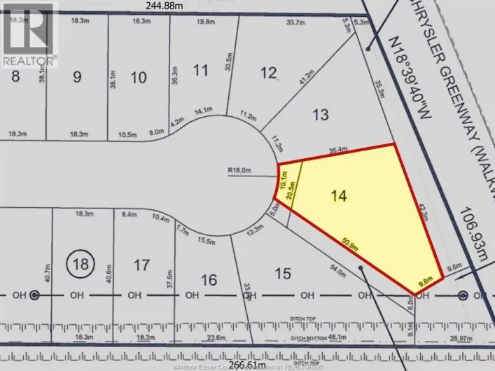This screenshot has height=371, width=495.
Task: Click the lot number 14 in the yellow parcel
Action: (x=339, y=196)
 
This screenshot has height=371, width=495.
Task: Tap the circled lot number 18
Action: (x=81, y=264)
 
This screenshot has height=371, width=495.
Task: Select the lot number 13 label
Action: (x=319, y=114)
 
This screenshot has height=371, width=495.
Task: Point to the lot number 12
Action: (x=269, y=72)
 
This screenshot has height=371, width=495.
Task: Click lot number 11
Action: (x=201, y=70)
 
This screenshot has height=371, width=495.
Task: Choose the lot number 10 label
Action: (x=139, y=77)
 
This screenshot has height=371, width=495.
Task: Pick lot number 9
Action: (x=76, y=77)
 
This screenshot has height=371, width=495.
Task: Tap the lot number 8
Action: (x=15, y=77)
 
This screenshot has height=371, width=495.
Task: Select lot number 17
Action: (x=141, y=265)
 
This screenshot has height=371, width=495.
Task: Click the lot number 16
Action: (x=208, y=280)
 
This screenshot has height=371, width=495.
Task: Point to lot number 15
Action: (x=283, y=273)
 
